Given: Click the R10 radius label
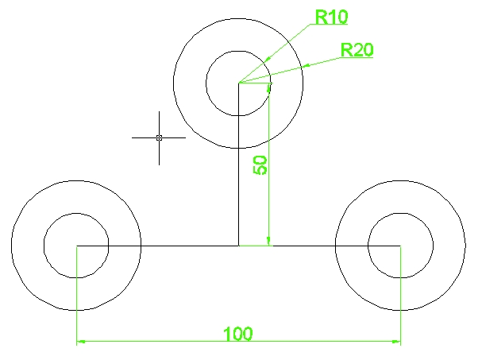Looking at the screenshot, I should coord(331,17).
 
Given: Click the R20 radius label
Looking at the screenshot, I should coord(357,49).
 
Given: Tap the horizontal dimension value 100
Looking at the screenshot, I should coord(237,333).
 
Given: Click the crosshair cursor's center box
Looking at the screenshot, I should coord(159,137).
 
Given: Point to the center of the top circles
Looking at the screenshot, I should coord(238,83).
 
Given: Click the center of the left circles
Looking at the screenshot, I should coord(76,246).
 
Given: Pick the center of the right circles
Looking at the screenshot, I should coord(400,246).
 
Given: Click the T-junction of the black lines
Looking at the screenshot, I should coord(238,246).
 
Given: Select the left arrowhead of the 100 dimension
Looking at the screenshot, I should coord(81,343).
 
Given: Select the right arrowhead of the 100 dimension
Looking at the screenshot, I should coord(395,343).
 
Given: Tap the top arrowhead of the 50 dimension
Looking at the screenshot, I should coord(270,87).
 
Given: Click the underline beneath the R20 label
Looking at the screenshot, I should coord(357,59).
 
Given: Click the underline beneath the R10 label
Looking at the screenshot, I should coord(331,25).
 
